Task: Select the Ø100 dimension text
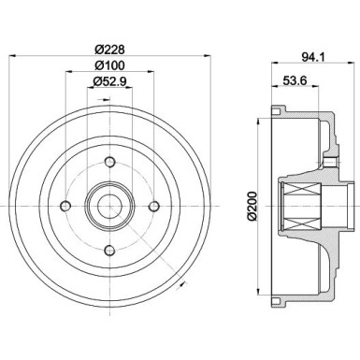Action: [x=109, y=65]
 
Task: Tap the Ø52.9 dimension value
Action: [x=109, y=83]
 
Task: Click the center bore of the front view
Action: [x=109, y=206]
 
